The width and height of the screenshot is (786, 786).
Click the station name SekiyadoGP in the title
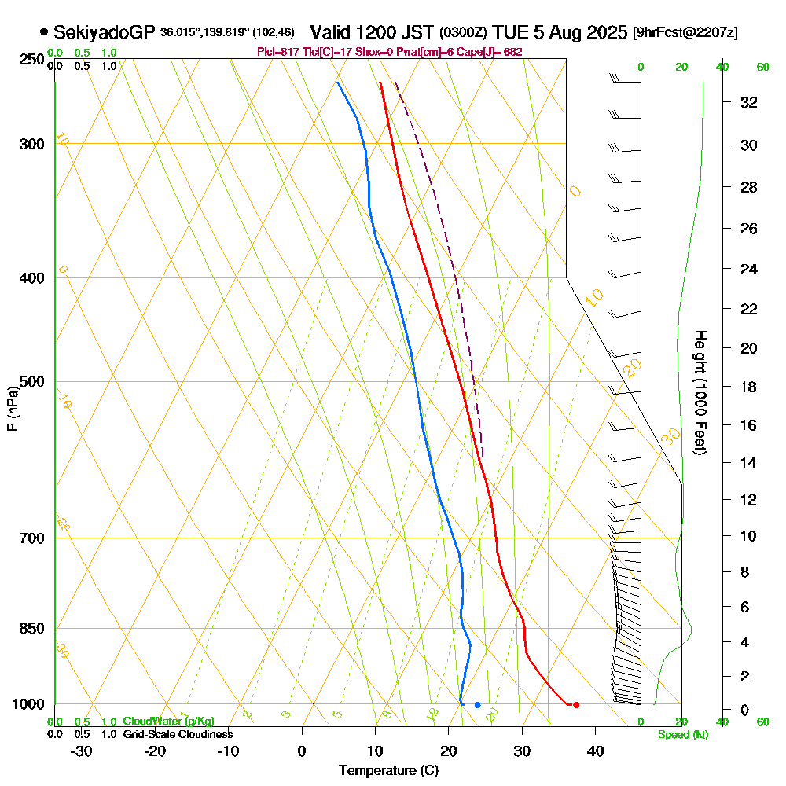click(x=105, y=32)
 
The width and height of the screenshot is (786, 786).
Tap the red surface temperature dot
click(x=576, y=705)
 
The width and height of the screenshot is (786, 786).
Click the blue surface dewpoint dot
click(x=477, y=705)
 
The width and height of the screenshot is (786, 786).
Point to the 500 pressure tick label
click(x=30, y=382)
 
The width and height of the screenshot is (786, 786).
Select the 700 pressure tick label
click(x=30, y=538)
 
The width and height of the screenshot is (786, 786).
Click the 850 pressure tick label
click(x=30, y=629)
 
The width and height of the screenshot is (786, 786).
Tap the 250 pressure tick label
click(x=30, y=59)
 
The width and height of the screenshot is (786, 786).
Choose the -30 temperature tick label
click(x=82, y=751)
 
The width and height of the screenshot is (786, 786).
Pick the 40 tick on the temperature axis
click(x=595, y=751)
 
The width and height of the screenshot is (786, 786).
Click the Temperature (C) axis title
click(x=388, y=771)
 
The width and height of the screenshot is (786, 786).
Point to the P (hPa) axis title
click(x=12, y=408)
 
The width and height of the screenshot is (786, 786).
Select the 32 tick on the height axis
click(x=747, y=102)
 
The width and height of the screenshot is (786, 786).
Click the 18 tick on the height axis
click(x=747, y=387)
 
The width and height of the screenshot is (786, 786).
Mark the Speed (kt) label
click(x=681, y=735)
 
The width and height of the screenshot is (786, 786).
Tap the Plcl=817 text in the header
click(x=280, y=52)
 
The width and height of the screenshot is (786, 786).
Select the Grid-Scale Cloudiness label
click(x=178, y=734)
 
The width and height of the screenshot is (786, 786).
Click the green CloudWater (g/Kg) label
click(x=168, y=722)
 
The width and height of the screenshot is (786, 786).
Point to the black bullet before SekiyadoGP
click(x=43, y=32)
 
